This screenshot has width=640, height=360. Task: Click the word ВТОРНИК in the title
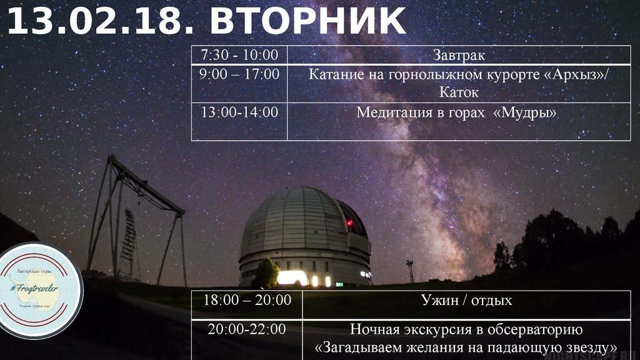tap(307, 21)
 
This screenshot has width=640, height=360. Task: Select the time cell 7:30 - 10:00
tap(239, 55)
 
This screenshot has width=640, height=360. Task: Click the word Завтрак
tap(459, 55)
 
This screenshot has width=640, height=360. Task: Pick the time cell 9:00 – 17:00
tap(239, 74)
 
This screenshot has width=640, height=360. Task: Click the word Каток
tap(459, 93)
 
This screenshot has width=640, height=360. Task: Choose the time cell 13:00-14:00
tap(239, 112)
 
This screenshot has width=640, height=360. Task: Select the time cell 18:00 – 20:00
tap(247, 301)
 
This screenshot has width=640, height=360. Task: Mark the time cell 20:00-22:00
tap(247, 329)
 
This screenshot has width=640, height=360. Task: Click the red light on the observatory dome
tap(348, 222)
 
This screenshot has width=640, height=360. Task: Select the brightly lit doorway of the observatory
tap(292, 277)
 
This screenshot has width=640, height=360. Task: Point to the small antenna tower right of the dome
tap(410, 271)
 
